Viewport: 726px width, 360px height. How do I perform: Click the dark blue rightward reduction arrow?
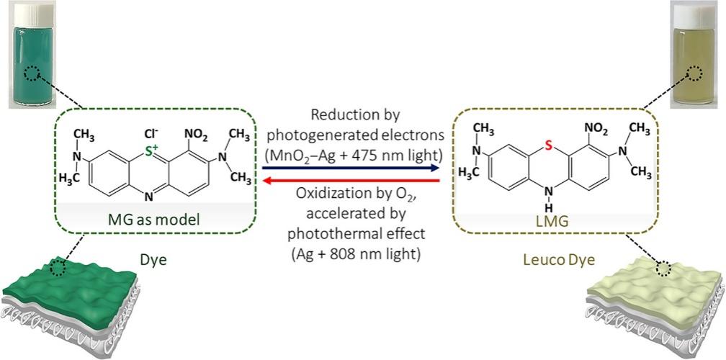pos(351,168)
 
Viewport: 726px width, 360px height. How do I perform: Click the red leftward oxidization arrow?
pos(351,181)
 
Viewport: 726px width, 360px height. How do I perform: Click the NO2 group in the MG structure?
pos(197,137)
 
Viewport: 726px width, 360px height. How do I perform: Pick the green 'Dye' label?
pos(153,260)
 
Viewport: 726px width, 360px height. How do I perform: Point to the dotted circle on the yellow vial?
pos(694,73)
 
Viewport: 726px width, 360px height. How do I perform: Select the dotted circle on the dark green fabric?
pos(58,267)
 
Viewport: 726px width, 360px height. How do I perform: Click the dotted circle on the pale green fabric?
pos(663,268)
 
